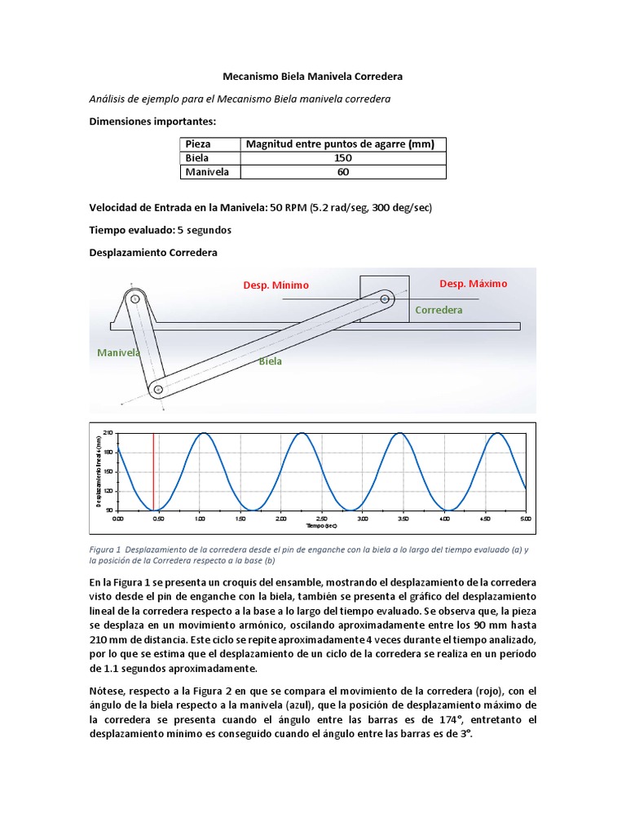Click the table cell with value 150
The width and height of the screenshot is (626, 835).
coord(342,158)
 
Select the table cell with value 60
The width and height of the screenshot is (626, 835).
coord(342,172)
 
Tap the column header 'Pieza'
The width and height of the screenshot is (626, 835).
coord(198,144)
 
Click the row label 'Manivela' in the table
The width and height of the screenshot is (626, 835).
coord(207,172)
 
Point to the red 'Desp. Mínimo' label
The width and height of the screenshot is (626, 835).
coord(276,285)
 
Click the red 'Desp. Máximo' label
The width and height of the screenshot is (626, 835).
coord(473,284)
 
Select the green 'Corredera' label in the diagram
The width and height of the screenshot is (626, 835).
coord(439,310)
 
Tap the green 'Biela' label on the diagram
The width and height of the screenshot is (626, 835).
coord(271,361)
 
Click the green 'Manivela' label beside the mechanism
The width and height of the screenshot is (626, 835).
coord(119,353)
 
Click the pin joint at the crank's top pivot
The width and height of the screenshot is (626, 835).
coord(135,299)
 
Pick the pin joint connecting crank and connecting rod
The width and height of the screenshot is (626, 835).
coord(158,390)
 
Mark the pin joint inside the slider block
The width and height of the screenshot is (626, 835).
coord(385,298)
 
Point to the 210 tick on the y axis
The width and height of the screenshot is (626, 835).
coord(109,434)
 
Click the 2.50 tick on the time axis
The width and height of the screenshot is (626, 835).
coord(321,519)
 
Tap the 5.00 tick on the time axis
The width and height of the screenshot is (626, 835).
coord(525,519)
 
